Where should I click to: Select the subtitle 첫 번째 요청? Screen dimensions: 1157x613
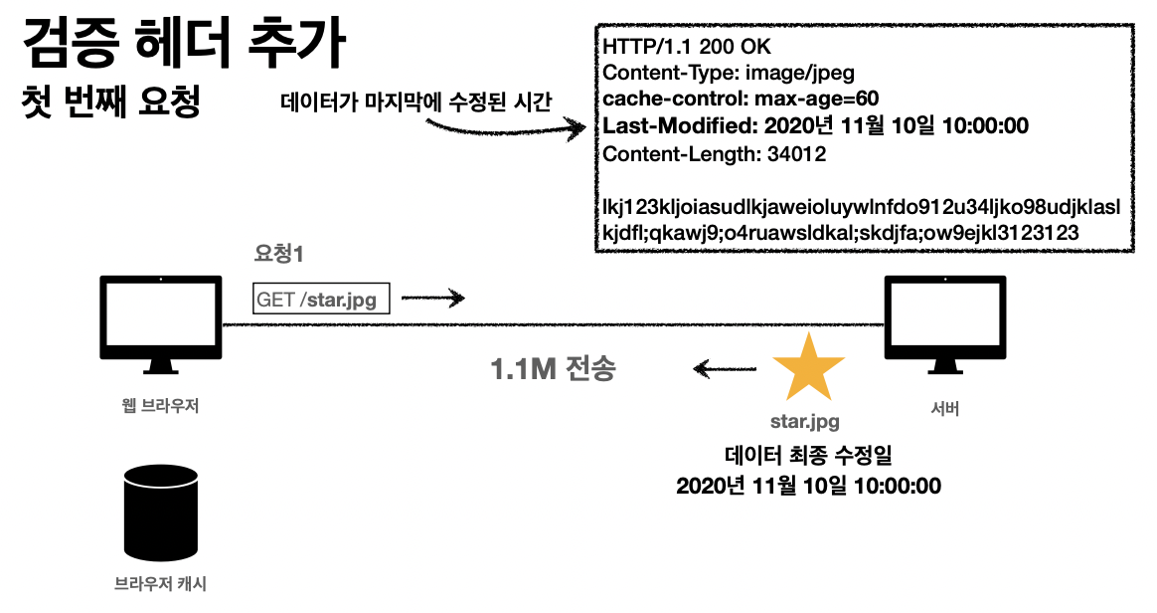(111, 102)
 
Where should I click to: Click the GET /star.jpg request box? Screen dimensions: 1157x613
(321, 298)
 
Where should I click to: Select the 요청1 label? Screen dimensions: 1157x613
(278, 255)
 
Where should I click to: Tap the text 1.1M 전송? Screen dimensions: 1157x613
(553, 369)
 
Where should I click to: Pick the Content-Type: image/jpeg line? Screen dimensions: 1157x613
(729, 73)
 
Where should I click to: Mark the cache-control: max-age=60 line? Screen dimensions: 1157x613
(741, 99)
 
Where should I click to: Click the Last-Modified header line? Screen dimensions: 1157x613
(815, 126)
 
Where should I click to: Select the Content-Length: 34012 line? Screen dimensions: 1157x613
(714, 154)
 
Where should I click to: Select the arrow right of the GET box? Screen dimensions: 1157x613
(432, 297)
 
